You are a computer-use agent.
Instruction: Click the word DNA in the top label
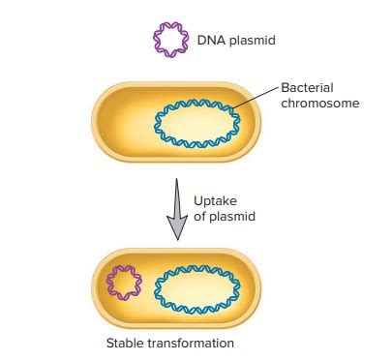[x=212, y=40]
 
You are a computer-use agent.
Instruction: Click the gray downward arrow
[x=176, y=203]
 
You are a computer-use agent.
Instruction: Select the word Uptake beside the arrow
[x=214, y=200]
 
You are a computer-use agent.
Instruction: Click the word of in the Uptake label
[x=199, y=217]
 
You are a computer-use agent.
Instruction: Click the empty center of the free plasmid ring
[x=171, y=40]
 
